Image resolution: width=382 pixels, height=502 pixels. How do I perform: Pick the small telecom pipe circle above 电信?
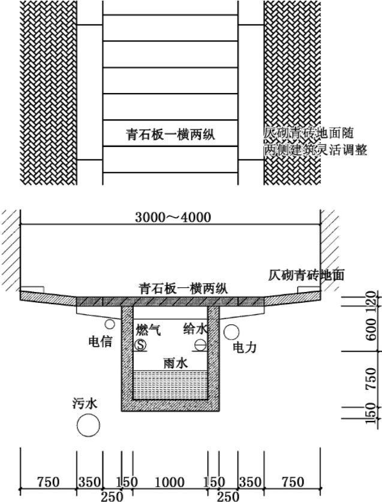tap(110, 324)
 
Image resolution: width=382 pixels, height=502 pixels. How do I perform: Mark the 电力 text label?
tap(244, 347)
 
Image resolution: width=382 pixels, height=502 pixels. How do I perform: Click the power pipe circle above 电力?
tap(231, 332)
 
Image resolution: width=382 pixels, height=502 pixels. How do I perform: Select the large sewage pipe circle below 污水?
tap(88, 426)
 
